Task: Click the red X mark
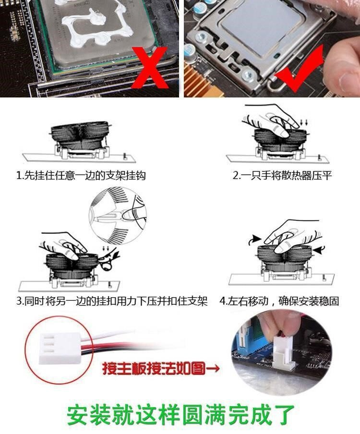pos(151,68)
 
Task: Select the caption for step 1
pos(81,176)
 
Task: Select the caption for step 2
pos(282,176)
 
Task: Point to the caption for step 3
pos(112,301)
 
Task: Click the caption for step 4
pos(279,301)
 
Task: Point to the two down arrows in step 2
pos(303,122)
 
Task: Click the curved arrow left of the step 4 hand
pos(255,240)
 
